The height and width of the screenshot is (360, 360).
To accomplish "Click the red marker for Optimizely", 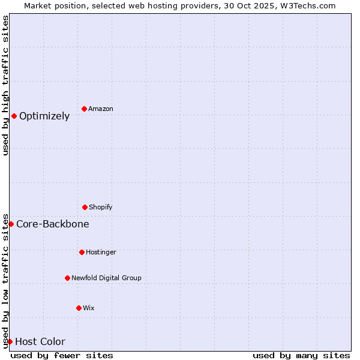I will point(14,116).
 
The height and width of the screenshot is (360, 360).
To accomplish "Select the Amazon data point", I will point(84,109).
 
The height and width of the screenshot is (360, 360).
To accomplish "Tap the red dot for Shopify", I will point(85,207).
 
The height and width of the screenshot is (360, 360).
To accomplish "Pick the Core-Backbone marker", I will point(11,224).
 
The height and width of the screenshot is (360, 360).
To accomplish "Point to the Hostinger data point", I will point(82,252).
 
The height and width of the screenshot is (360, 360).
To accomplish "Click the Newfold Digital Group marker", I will point(67,278).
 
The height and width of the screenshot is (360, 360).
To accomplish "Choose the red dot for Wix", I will point(79,308).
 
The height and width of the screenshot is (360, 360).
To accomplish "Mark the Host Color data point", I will point(10,341).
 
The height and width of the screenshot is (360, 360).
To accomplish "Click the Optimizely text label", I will point(44,116).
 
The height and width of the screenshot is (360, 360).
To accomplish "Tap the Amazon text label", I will point(101,109).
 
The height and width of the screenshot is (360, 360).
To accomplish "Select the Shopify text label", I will point(101,208).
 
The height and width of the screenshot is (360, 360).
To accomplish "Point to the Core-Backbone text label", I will point(53,224).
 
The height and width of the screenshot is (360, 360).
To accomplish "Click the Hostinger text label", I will point(101,253).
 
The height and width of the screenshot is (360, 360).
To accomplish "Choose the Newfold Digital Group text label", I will point(106,278).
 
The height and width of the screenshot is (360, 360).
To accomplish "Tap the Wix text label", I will point(89,308).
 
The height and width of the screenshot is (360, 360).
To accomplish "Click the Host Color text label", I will point(40,342).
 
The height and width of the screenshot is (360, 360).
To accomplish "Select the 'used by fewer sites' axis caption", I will point(62,355).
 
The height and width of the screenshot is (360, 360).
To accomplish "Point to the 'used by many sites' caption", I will point(301,355).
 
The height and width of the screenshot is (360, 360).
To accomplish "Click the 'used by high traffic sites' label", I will point(5,85).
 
